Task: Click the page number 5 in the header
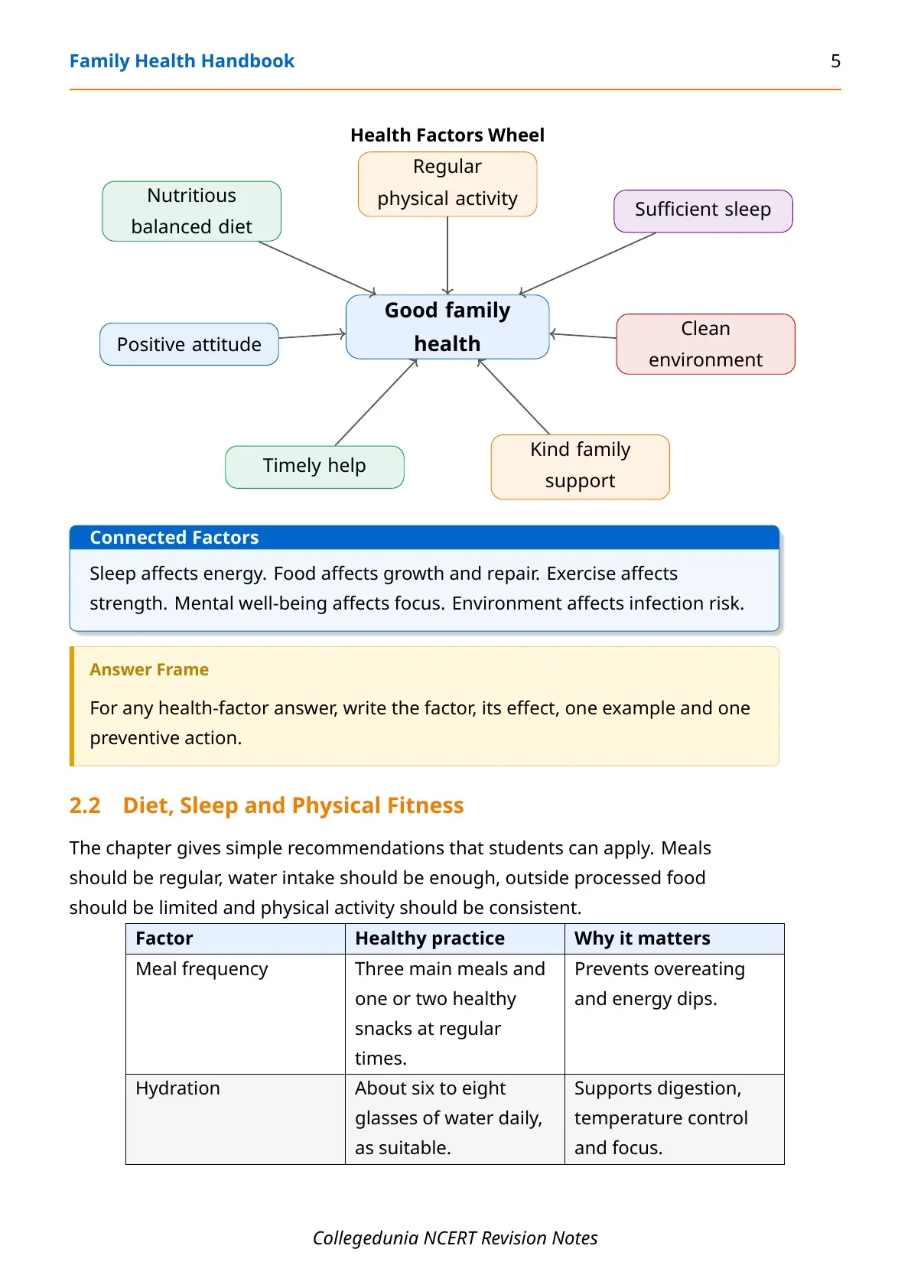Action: [x=835, y=61]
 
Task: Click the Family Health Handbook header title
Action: [x=182, y=61]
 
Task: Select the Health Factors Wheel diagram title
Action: [x=447, y=135]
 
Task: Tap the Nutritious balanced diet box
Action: [x=191, y=211]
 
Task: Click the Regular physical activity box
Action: [x=447, y=184]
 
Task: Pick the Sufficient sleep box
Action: [x=703, y=211]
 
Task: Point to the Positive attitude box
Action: [x=189, y=344]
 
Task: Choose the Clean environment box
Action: [x=706, y=344]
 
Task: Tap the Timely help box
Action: [x=314, y=467]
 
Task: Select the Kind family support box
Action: [x=581, y=467]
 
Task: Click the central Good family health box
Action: [x=447, y=327]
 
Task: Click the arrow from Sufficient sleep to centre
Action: [x=587, y=263]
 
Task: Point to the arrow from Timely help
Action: [x=376, y=402]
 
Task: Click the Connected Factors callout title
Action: [x=174, y=538]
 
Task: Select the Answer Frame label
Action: [x=149, y=670]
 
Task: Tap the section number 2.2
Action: [x=85, y=805]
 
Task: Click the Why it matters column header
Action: [x=643, y=938]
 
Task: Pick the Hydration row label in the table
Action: [x=177, y=1088]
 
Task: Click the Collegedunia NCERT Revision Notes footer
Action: [x=455, y=1238]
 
